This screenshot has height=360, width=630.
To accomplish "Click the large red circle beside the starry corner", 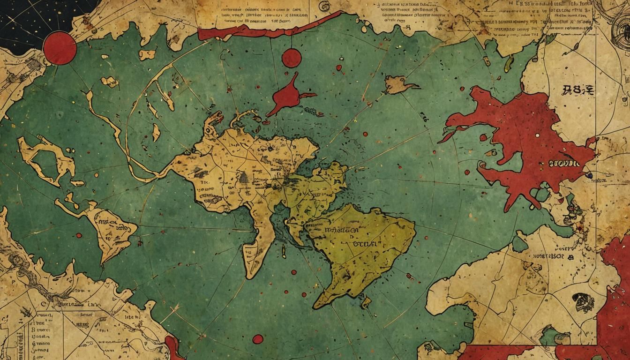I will point(60,47).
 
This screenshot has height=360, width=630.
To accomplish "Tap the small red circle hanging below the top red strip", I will point(291,58).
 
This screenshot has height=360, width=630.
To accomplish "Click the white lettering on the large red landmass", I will point(565,165).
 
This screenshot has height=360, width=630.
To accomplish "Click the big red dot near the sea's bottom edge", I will point(257,338).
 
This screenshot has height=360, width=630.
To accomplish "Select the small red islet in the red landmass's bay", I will point(491,153).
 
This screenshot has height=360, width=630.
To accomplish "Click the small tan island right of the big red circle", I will point(147,54).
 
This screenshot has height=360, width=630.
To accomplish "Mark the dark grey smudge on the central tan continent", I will point(243,177).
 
